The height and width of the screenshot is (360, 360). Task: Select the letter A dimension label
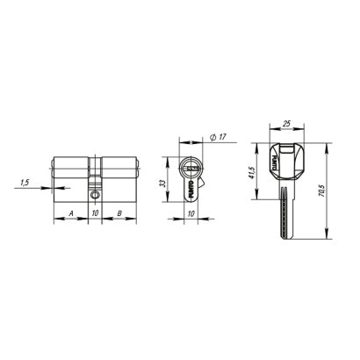(x=70, y=212)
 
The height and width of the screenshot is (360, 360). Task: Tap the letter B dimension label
(x=119, y=212)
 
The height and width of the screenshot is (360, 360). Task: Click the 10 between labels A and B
(x=95, y=212)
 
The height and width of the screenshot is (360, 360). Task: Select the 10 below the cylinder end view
(x=190, y=212)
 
